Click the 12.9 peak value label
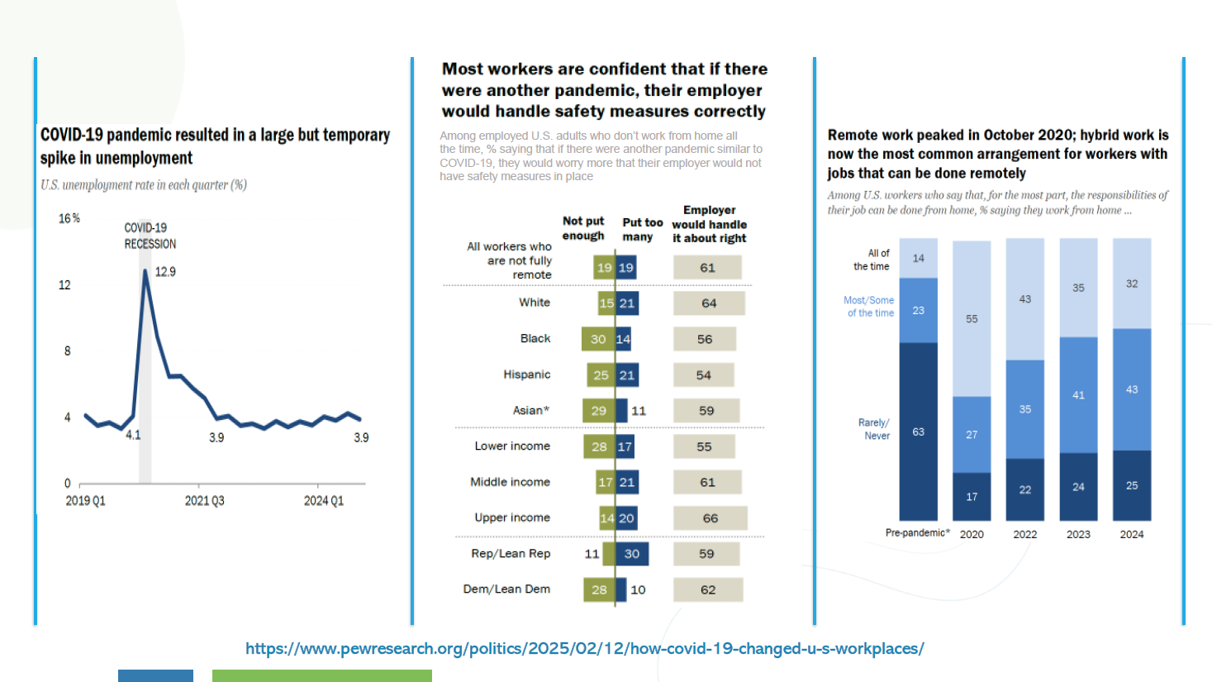tap(165, 272)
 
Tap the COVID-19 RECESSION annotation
tap(150, 236)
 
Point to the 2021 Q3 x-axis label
tap(205, 501)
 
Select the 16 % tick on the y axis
tap(69, 219)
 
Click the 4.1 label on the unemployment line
tap(133, 435)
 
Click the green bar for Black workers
tap(598, 339)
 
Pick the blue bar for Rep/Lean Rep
tap(632, 554)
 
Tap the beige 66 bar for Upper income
tap(711, 518)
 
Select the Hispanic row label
tap(526, 374)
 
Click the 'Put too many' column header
tap(642, 230)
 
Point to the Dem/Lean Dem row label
tap(506, 589)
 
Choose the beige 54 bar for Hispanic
tap(703, 374)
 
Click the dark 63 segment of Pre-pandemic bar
tap(918, 432)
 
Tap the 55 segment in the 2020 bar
tap(972, 319)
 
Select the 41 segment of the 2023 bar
tap(1078, 395)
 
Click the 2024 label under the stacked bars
tap(1131, 535)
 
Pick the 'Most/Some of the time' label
tap(868, 307)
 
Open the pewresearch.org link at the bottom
tap(585, 648)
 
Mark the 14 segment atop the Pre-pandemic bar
tap(918, 258)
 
